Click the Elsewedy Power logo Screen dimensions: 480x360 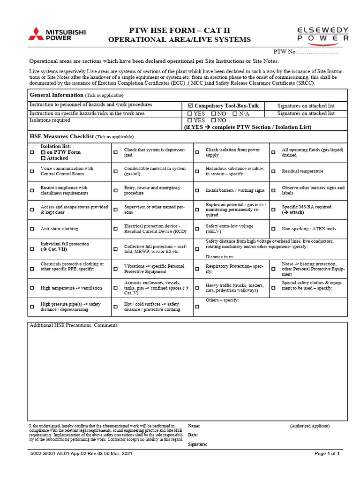coord(323,35)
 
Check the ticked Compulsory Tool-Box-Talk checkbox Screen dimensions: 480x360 coord(190,106)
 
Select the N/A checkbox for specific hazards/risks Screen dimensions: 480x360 coord(235,113)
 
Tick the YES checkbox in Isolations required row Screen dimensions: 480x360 coord(190,120)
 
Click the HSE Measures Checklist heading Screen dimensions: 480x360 coord(62,136)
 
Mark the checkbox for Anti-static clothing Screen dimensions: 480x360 coord(32,229)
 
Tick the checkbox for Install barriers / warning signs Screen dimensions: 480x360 coord(197,191)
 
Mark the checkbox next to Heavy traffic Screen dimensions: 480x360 coord(197,288)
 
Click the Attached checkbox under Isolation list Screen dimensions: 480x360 coord(43,158)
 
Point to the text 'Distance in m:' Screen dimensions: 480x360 coord(220,257)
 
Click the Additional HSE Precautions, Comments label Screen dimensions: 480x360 coord(74,325)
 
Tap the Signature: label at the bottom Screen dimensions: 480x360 coord(197,444)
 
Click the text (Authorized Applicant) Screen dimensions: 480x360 coord(309,426)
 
